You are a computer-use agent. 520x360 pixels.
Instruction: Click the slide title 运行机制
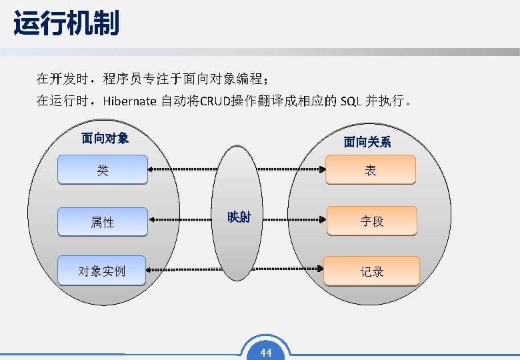(66, 24)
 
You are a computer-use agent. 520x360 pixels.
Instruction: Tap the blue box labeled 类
(102, 169)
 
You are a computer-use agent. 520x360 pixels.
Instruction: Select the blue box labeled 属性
(102, 221)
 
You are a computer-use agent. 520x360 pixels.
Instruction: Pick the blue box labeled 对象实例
(101, 271)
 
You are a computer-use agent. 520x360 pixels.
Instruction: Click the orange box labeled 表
(371, 169)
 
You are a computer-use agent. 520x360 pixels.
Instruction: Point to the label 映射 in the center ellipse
(239, 217)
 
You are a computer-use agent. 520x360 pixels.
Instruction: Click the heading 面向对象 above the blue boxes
(105, 138)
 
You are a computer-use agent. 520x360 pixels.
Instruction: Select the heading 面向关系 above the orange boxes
(367, 141)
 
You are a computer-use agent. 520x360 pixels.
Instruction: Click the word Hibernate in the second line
(129, 101)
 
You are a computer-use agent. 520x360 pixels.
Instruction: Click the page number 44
(266, 353)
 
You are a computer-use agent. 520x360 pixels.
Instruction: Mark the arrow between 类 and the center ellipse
(183, 170)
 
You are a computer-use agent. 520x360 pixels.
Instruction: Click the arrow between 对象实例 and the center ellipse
(183, 269)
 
